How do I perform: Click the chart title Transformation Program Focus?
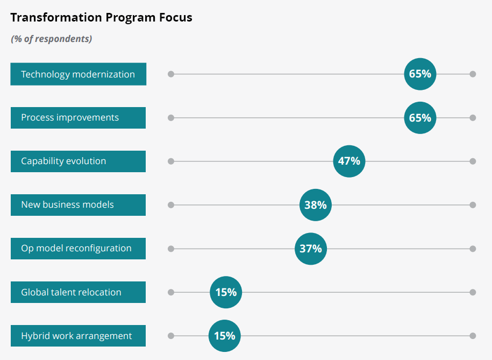coord(101,17)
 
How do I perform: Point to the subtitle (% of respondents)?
coord(51,39)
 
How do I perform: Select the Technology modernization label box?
coord(78,74)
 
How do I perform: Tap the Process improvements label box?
coord(78,118)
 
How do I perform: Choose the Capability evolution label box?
coord(78,161)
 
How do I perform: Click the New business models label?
coord(78,205)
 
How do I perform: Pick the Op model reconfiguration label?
coord(78,249)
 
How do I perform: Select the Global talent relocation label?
coord(78,292)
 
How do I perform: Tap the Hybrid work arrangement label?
coord(78,336)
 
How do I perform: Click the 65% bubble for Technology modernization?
coord(420,74)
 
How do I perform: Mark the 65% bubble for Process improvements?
coord(420,117)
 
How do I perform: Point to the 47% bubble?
coord(349,161)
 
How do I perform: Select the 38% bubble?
coord(315,205)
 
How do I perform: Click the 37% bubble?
coord(310,249)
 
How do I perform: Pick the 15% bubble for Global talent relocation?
coord(226,292)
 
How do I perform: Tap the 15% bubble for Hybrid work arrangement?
coord(224,336)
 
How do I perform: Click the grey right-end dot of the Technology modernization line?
coord(473,74)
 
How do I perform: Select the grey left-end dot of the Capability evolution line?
coord(171,161)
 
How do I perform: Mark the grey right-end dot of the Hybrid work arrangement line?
coord(473,336)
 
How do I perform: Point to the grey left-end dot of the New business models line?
coord(171,205)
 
